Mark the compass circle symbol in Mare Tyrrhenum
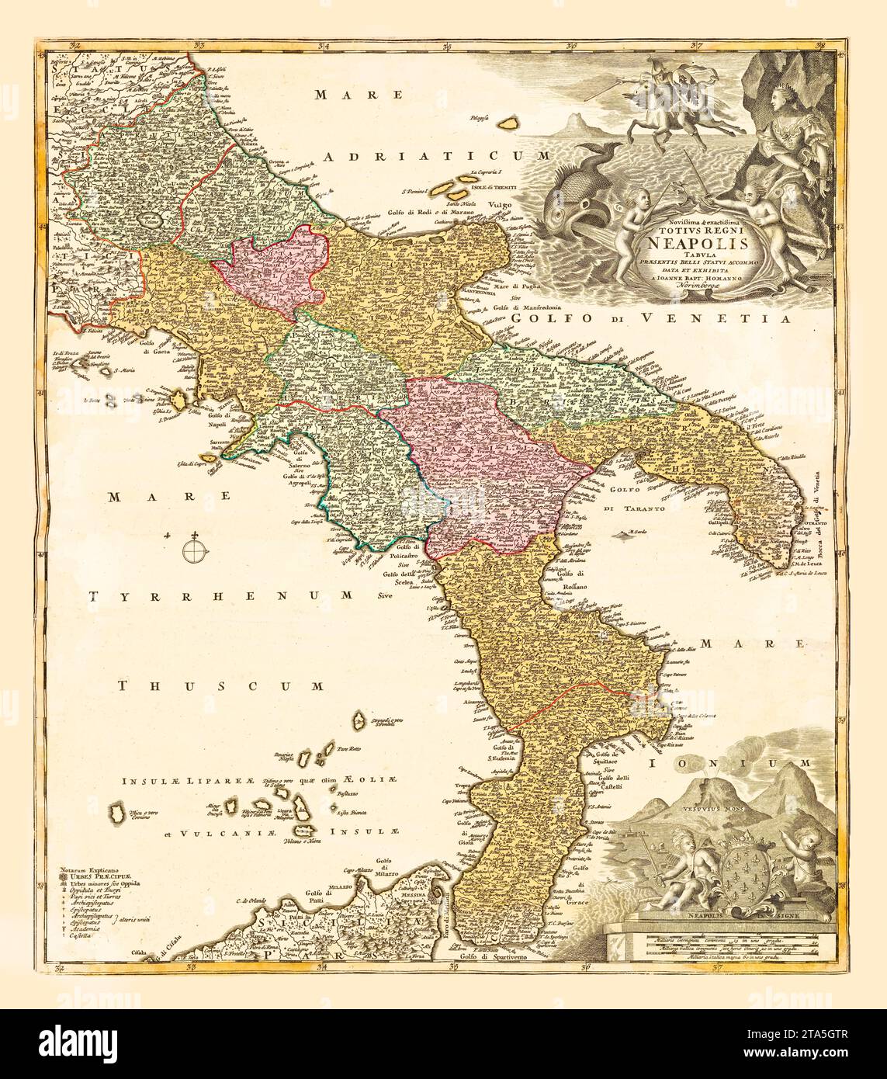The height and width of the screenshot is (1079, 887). [x=194, y=550]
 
